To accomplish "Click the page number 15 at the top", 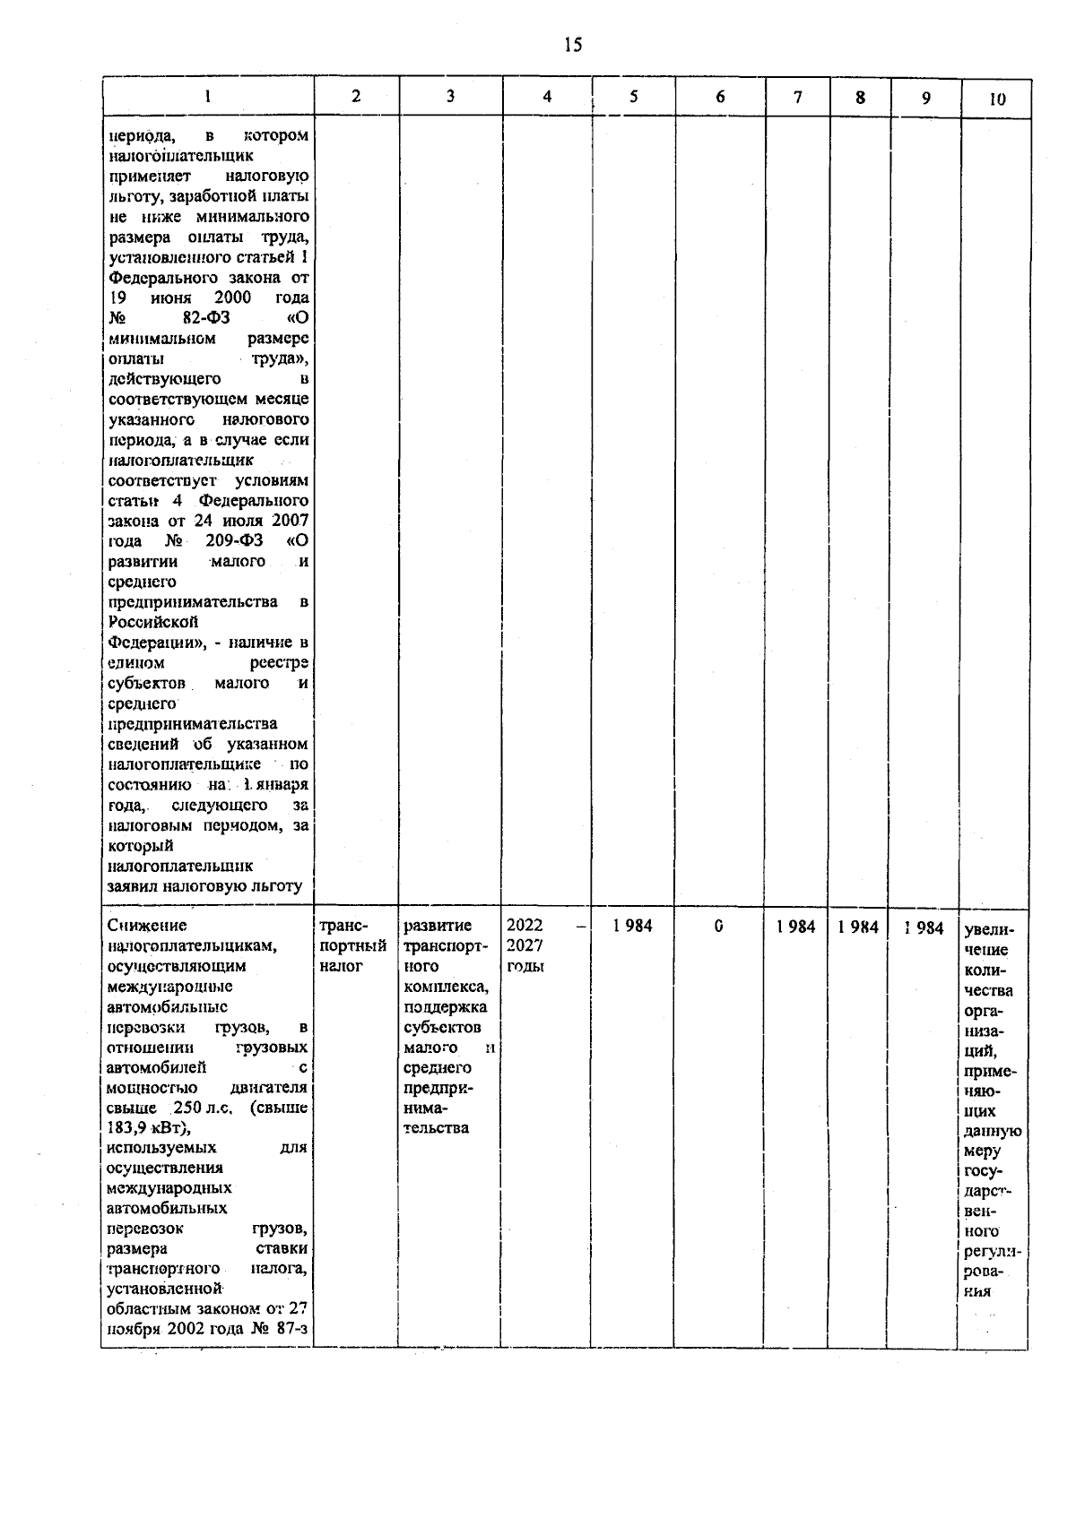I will pos(574,44).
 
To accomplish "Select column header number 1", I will pos(208,98).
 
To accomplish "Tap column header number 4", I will pos(547,98).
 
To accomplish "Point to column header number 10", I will pos(996,99).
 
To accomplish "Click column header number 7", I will pos(797,98).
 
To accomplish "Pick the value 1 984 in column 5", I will pos(633,926).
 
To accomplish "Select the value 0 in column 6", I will pos(719,926).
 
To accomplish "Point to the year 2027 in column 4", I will pos(525,945).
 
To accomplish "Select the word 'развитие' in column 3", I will pos(438,926).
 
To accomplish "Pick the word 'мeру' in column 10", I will pos(983,1151).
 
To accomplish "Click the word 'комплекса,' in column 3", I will pos(447,987).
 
